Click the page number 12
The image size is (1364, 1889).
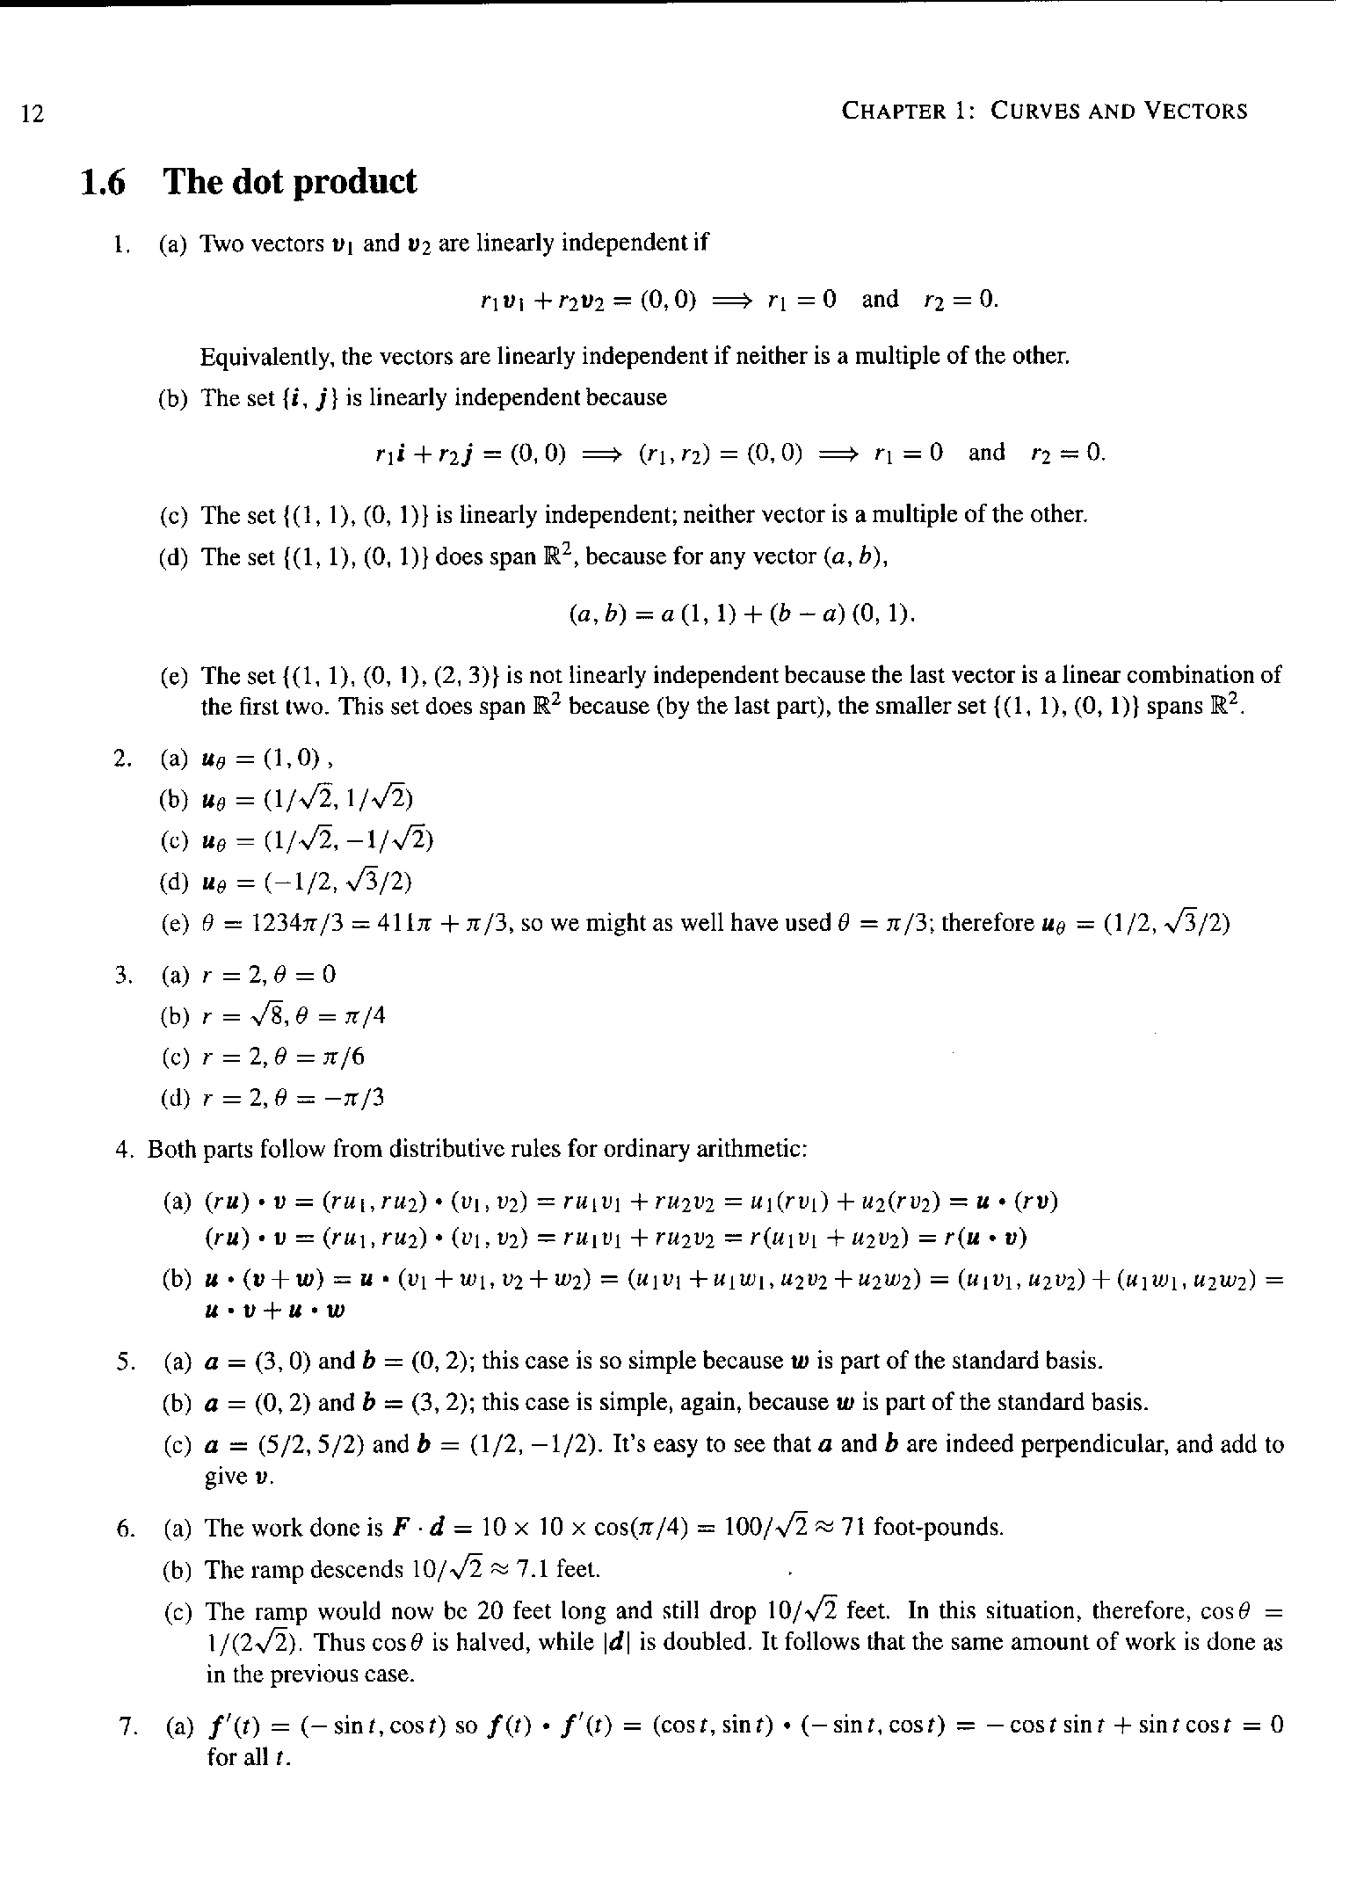click(32, 113)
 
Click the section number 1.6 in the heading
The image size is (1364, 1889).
click(103, 182)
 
